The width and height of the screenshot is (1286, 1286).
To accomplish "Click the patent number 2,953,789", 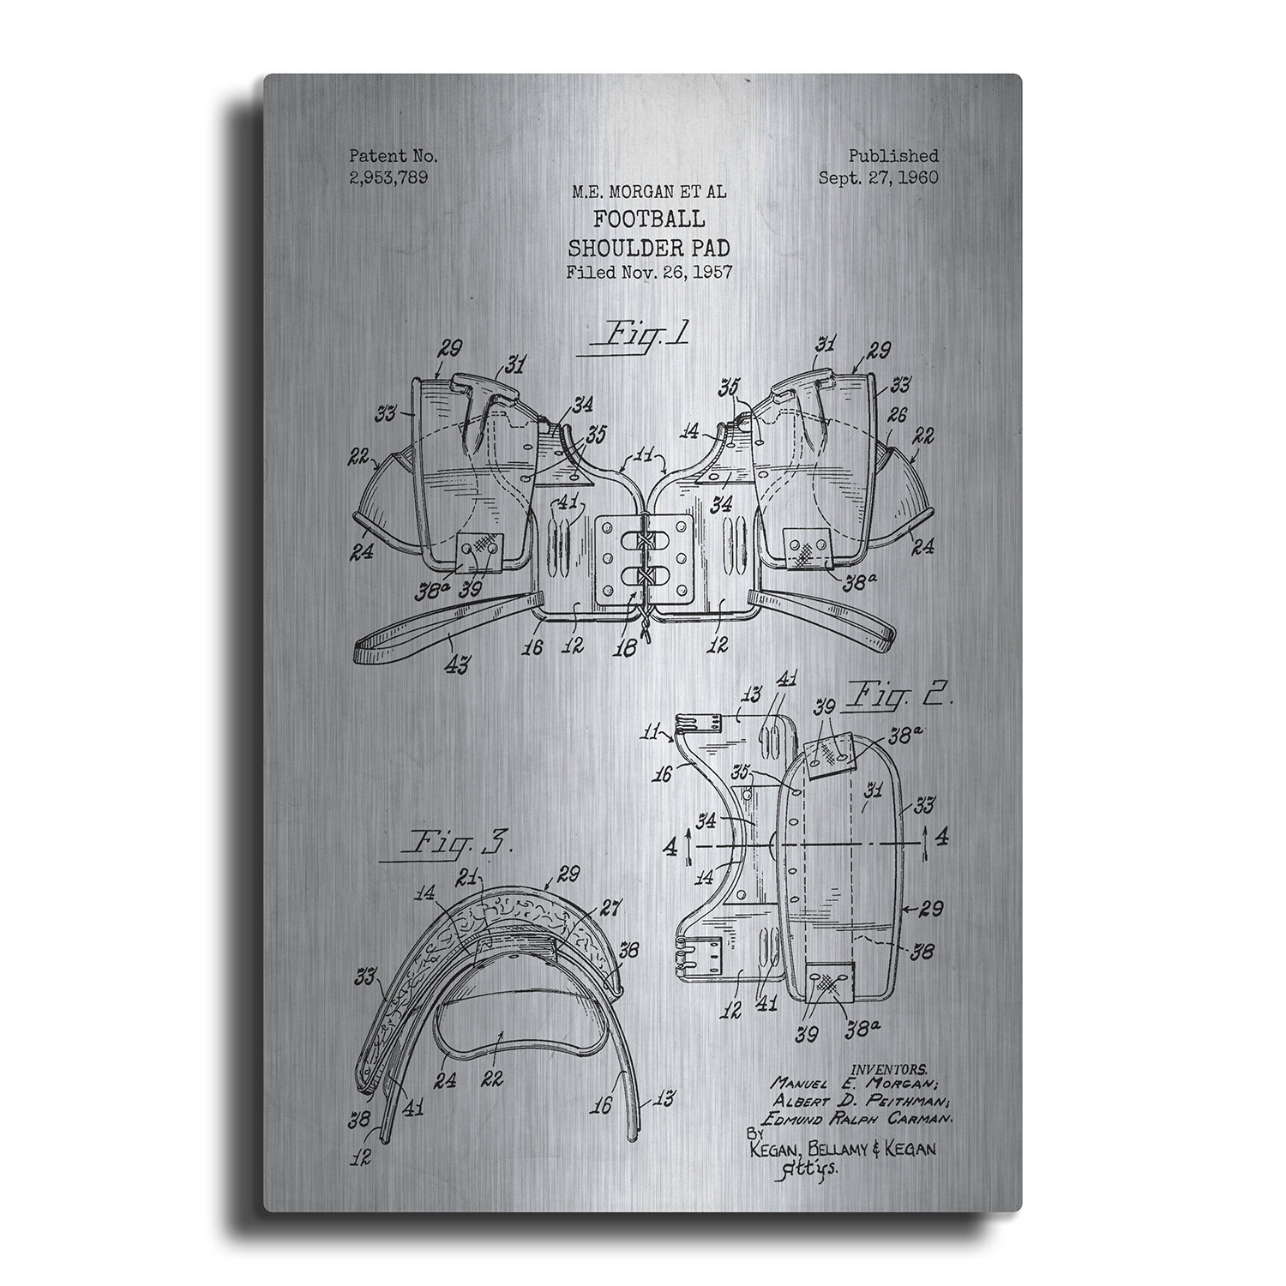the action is point(388,177).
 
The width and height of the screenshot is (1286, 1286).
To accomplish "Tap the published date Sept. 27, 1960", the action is point(878,177).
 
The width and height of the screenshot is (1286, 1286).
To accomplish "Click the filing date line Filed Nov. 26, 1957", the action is point(648,273).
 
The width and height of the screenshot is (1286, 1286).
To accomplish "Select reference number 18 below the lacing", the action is point(627,649).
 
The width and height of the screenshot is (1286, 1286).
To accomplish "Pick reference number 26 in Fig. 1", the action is point(897,416).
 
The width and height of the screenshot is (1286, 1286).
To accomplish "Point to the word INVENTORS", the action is point(889,1069).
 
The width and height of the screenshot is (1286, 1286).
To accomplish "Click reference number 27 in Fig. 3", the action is point(612,910).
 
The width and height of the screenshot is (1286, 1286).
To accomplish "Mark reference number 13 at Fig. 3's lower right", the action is point(664,1098).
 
